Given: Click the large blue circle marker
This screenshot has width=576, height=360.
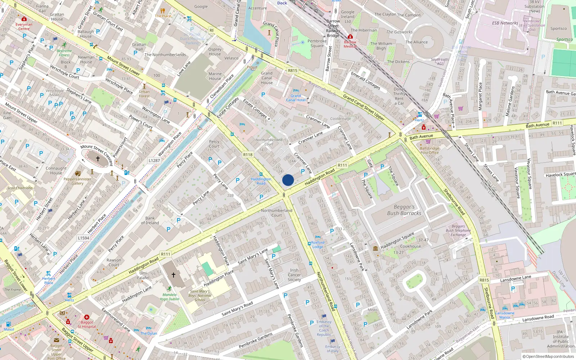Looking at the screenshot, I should (x=288, y=180).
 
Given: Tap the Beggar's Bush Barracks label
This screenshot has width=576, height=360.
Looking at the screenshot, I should (x=404, y=210).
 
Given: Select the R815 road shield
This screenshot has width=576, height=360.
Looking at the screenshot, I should (x=292, y=71).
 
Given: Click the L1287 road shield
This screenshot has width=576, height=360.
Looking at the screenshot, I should (x=154, y=161).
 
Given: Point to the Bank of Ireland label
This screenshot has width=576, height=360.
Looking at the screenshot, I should (x=150, y=220).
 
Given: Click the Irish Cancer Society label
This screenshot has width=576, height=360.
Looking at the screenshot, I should (x=294, y=275).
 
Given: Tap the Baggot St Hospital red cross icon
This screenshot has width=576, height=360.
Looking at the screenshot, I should (x=87, y=318).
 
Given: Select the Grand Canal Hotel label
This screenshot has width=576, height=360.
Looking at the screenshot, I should (x=296, y=98).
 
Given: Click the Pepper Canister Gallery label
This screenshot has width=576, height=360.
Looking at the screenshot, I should (x=77, y=181).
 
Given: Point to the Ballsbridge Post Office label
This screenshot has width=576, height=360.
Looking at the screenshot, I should (x=429, y=150).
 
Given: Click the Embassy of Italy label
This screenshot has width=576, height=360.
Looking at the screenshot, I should (x=332, y=349).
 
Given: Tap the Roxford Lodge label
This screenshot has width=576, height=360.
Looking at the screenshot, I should (x=318, y=245).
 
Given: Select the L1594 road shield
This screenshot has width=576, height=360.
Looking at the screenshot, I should (x=84, y=238).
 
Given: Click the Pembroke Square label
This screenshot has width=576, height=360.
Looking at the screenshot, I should (x=317, y=44).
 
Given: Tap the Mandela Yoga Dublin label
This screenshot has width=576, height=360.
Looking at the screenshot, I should (x=169, y=297).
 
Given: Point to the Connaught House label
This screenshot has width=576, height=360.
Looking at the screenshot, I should (x=56, y=171).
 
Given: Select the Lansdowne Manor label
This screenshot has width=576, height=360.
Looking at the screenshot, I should (x=505, y=315).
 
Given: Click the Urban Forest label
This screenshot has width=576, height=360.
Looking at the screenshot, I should (x=144, y=94).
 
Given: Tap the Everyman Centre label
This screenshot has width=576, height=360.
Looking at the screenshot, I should (x=24, y=27).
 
